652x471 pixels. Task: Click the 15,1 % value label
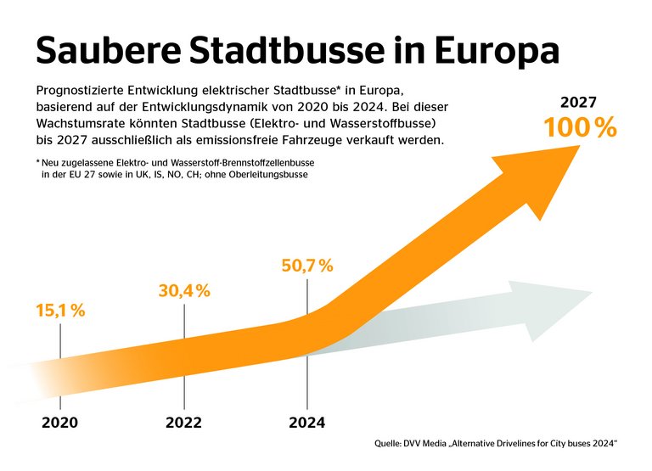click(60, 311)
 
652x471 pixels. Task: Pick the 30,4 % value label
click(184, 291)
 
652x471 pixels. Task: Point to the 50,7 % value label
click(307, 266)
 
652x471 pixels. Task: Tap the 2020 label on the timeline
click(60, 422)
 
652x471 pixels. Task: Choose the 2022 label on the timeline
click(184, 422)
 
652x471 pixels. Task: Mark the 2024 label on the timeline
click(307, 422)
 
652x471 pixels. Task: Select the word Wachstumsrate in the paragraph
click(81, 122)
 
